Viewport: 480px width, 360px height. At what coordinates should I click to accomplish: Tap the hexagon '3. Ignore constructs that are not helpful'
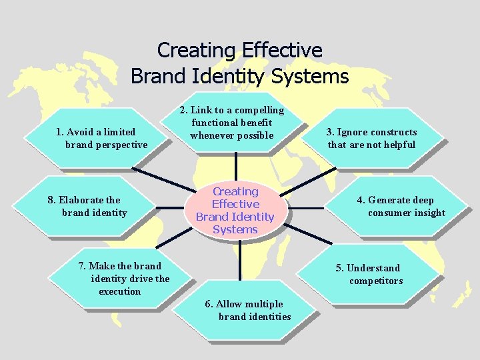click(372, 139)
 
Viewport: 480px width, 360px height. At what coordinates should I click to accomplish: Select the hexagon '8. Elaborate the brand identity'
click(87, 206)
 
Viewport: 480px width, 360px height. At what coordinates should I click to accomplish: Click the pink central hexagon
click(235, 210)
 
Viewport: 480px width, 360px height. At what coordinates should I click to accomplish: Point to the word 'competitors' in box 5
click(376, 281)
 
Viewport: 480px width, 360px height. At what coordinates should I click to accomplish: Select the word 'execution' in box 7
click(120, 291)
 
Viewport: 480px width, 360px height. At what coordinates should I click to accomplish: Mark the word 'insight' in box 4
click(429, 213)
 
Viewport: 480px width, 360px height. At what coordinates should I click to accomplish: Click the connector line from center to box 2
click(235, 167)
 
